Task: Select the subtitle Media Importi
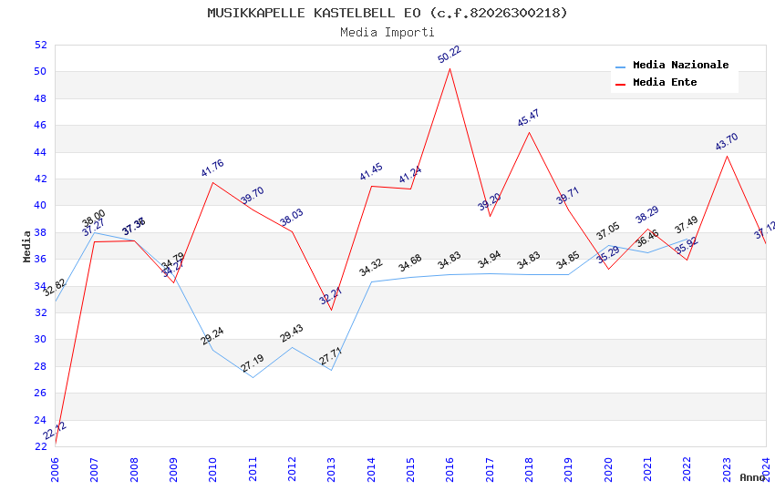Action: (x=387, y=32)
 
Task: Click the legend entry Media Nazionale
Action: (x=680, y=66)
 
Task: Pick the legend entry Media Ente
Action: (x=665, y=82)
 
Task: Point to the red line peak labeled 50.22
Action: (x=449, y=68)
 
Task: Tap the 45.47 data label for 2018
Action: (x=529, y=118)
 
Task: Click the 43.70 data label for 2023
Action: (x=727, y=141)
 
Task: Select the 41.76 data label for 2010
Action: (x=212, y=168)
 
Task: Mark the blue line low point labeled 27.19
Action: (x=253, y=377)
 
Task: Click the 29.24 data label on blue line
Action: (x=212, y=335)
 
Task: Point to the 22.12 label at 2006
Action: (x=55, y=431)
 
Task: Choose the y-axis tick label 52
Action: (x=39, y=45)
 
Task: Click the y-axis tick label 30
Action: (x=39, y=340)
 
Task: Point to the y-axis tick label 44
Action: (x=39, y=152)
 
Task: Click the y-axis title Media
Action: (x=26, y=246)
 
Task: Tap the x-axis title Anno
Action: (x=752, y=477)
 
